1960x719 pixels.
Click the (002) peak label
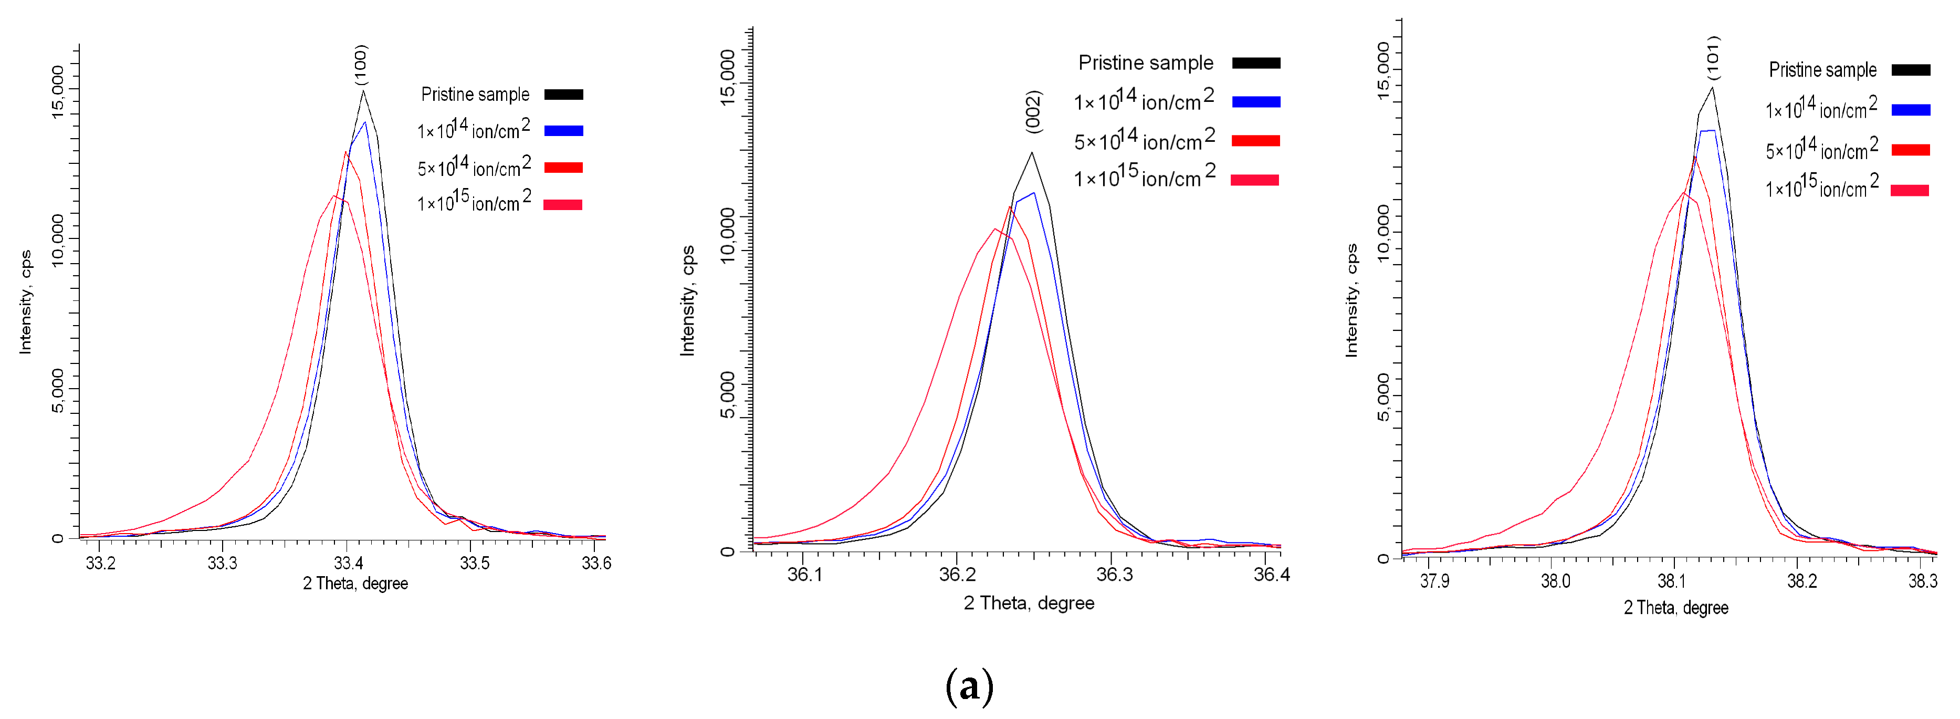point(1033,112)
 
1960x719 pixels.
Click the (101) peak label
point(1713,57)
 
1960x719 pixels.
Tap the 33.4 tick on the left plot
point(348,563)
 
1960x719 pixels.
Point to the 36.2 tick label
point(957,575)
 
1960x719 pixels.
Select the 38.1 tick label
point(1672,582)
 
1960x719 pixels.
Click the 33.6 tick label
point(596,563)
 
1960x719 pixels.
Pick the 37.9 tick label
point(1434,582)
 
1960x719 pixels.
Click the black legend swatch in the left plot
point(564,95)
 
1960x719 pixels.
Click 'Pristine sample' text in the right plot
point(1822,70)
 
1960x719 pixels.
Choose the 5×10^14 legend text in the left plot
point(473,166)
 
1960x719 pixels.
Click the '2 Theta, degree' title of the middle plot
point(1029,603)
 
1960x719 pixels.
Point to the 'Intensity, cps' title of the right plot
point(1351,300)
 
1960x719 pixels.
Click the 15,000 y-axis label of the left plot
point(58,91)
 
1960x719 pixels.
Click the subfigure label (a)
point(969,686)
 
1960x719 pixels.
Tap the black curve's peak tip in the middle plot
point(1032,153)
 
